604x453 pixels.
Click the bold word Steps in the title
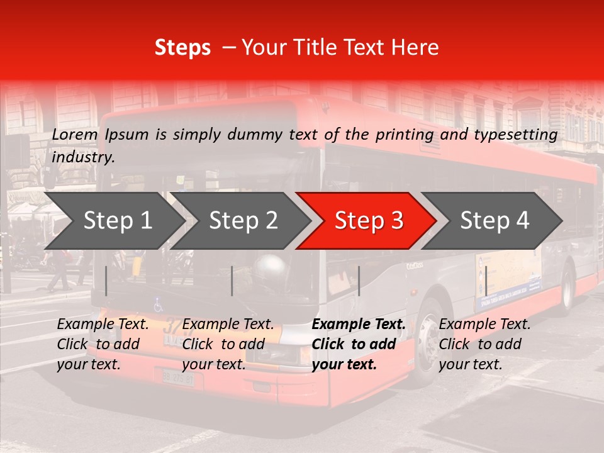click(182, 48)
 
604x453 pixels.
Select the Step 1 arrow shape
click(113, 221)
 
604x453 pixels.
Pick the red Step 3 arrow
click(366, 221)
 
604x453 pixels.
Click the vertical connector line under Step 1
click(106, 281)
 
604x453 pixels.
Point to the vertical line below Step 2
click(232, 281)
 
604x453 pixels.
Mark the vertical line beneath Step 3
click(359, 281)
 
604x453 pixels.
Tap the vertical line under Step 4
click(486, 281)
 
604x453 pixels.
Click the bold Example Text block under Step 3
click(358, 344)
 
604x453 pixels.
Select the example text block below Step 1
click(103, 344)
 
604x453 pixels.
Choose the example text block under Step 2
click(228, 344)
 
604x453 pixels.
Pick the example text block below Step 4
click(484, 344)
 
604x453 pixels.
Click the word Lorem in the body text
click(75, 135)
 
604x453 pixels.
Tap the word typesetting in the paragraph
click(519, 135)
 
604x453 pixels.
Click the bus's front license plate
click(178, 378)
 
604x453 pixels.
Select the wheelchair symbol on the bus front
click(159, 305)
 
